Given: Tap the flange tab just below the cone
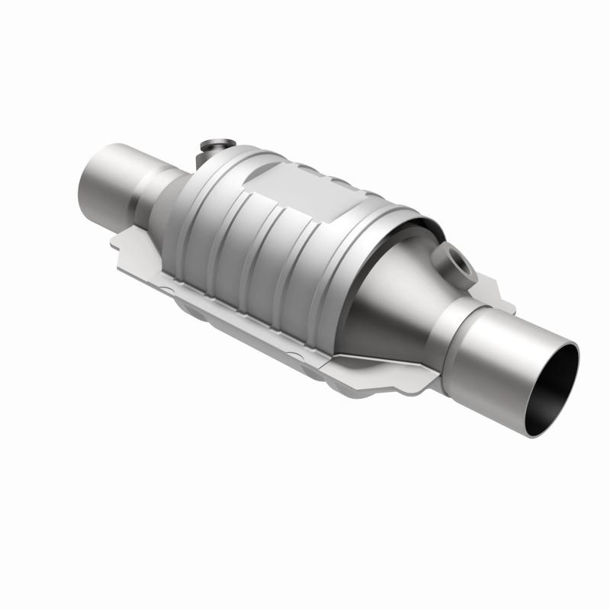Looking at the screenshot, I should [396, 374].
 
